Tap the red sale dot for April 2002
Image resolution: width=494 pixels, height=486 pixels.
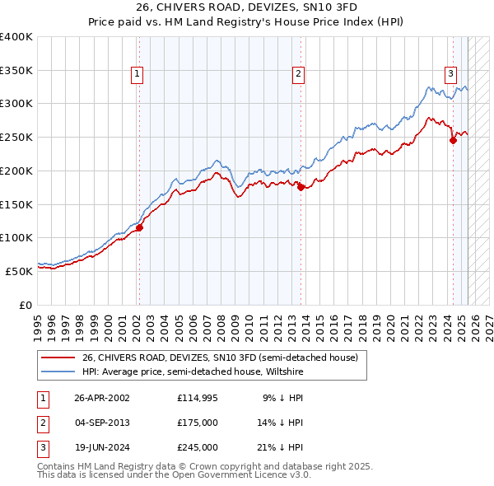point(139,227)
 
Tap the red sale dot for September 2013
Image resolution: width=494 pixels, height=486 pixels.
point(301,187)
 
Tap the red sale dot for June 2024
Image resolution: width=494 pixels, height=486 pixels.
point(453,140)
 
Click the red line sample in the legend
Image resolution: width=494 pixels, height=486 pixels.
point(58,358)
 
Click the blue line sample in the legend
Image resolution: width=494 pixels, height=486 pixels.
point(58,372)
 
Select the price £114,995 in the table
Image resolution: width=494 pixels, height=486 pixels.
point(197,397)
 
